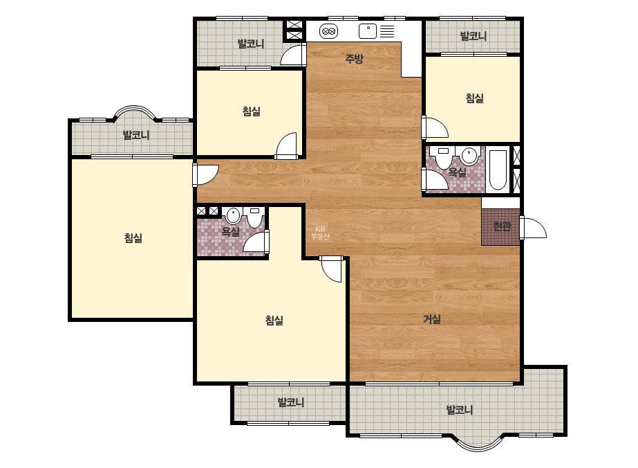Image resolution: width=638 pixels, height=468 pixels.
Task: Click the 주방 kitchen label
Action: (x=354, y=59)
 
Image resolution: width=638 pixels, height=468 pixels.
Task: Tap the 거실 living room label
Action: (x=432, y=319)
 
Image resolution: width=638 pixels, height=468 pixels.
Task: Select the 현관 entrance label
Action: (x=502, y=226)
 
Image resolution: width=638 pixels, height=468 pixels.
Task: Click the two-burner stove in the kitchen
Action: (x=329, y=31)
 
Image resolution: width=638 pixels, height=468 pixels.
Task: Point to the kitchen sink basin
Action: (x=368, y=31)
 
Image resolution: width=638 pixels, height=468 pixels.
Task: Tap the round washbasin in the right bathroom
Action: (x=469, y=156)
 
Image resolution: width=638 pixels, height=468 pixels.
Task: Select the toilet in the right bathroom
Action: (x=442, y=157)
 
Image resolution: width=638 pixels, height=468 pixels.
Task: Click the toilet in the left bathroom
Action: (x=255, y=217)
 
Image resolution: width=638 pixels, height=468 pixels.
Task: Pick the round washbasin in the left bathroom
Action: (x=233, y=215)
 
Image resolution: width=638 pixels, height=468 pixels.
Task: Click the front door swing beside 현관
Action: (x=533, y=228)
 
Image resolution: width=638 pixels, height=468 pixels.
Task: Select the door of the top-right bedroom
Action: (x=435, y=127)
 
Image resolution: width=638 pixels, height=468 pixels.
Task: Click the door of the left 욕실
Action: (x=256, y=242)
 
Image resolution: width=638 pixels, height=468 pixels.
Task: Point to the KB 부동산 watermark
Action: (x=320, y=233)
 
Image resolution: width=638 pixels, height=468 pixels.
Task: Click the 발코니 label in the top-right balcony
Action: (x=473, y=36)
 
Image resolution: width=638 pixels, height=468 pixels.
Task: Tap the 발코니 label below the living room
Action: (x=460, y=410)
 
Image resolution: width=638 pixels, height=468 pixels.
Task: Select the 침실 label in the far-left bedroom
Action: (x=133, y=238)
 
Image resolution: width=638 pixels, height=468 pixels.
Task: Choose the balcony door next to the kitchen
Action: (x=293, y=54)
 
